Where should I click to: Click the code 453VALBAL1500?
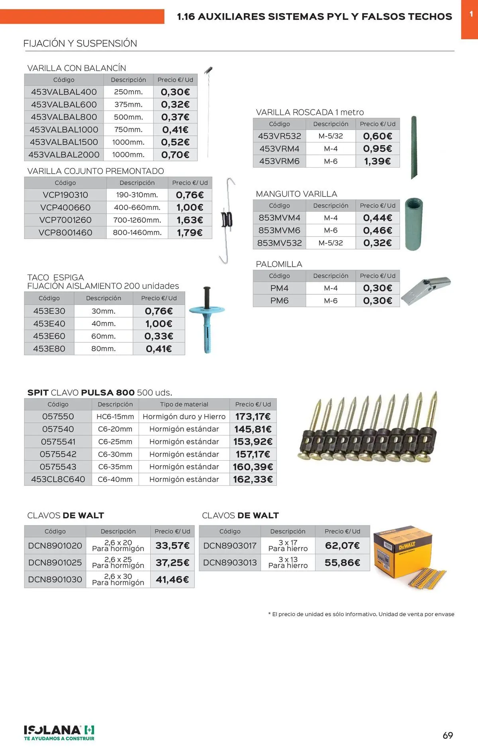click(x=64, y=142)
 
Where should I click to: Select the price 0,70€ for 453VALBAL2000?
click(x=175, y=154)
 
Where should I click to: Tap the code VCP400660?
click(x=65, y=207)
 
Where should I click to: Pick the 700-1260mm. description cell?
click(x=137, y=220)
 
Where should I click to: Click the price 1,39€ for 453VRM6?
click(x=377, y=161)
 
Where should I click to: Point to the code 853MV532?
click(x=279, y=243)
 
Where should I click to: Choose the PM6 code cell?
click(x=279, y=301)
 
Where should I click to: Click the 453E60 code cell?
click(x=49, y=336)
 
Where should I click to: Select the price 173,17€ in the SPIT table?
click(x=253, y=416)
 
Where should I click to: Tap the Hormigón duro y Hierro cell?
click(x=184, y=416)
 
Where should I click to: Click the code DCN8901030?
click(x=55, y=579)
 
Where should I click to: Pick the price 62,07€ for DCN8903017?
click(x=342, y=545)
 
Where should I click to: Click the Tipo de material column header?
click(x=184, y=404)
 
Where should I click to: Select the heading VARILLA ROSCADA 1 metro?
click(x=310, y=112)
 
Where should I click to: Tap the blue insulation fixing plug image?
click(x=207, y=320)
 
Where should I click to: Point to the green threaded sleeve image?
click(x=413, y=224)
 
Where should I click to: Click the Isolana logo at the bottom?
click(x=59, y=733)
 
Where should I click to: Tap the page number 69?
click(x=448, y=735)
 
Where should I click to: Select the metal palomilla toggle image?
click(x=425, y=290)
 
